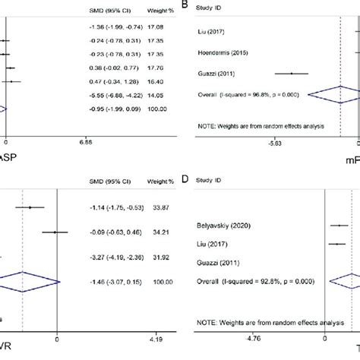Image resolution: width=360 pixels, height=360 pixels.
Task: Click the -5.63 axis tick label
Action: pos(275,142)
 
